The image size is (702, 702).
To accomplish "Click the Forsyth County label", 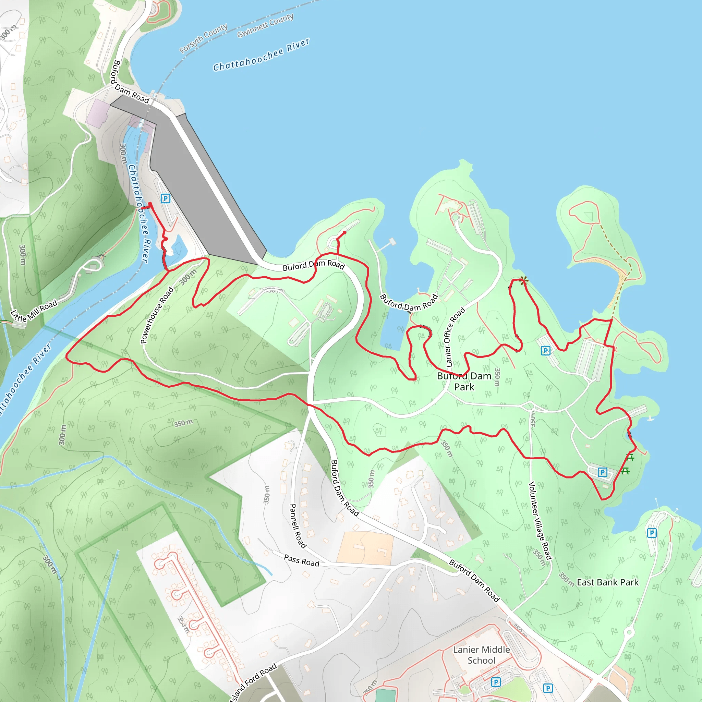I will [x=204, y=38].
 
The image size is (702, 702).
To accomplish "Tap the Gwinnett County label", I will [x=265, y=25].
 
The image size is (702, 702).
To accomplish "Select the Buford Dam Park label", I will [x=464, y=381].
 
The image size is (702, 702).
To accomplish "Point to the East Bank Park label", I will [x=607, y=582].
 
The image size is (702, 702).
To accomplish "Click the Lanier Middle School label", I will [x=482, y=655].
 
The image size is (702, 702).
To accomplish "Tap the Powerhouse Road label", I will [x=157, y=315].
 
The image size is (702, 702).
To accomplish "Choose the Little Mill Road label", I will [x=34, y=311].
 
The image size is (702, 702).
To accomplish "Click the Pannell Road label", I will [x=298, y=526].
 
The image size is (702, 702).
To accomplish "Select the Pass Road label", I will [x=302, y=561].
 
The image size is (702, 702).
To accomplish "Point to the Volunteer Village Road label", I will [x=540, y=521].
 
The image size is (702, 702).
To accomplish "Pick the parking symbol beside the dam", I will [x=165, y=198].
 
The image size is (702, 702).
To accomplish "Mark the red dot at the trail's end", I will [x=344, y=232].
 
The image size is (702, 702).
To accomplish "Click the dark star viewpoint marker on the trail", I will [x=523, y=280].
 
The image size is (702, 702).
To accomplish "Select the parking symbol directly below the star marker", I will [x=545, y=351].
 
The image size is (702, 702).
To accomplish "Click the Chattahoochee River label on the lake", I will [x=261, y=55].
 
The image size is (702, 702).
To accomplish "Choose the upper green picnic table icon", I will [x=630, y=458].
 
